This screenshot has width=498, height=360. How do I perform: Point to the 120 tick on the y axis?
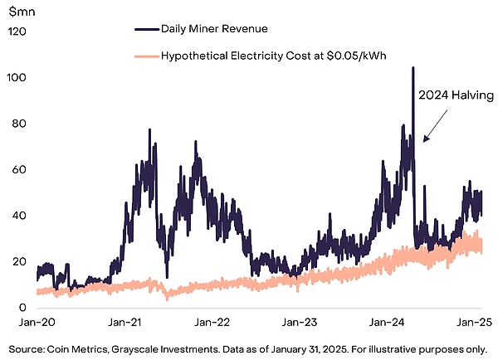(18, 32)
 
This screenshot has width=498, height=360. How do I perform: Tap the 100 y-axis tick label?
(18, 78)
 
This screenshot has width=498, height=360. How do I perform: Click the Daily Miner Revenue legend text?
(214, 29)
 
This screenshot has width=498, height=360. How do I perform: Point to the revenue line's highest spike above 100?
(413, 69)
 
